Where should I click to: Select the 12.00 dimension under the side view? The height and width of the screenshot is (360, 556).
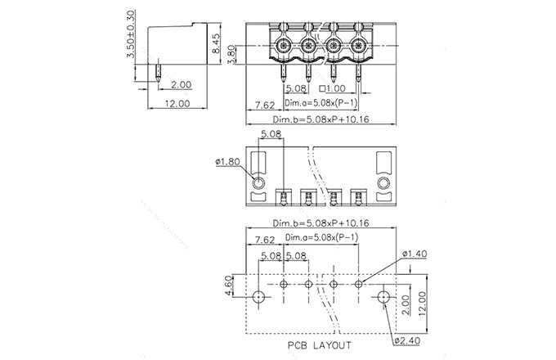[177, 104]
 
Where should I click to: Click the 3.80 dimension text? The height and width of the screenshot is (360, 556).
[231, 55]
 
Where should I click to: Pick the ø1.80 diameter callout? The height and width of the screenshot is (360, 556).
[227, 162]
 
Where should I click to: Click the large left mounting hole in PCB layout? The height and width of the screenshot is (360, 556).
[258, 296]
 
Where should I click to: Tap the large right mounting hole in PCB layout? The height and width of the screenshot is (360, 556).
[383, 296]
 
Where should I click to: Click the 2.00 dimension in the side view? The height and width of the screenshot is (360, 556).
[181, 84]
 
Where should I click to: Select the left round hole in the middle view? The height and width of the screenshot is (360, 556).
[258, 182]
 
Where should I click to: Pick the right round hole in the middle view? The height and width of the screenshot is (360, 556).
[383, 182]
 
